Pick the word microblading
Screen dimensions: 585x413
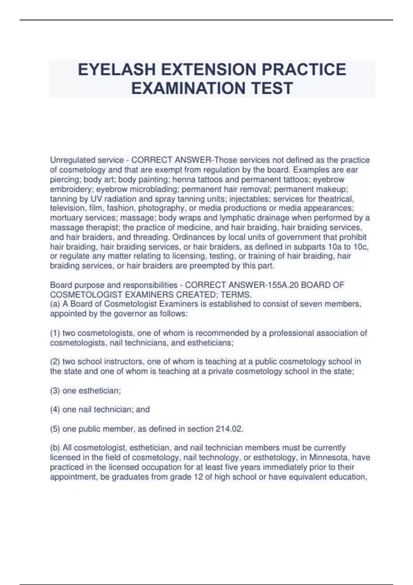[158, 189]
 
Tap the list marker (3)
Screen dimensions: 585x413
[55, 391]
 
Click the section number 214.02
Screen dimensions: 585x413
[229, 429]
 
